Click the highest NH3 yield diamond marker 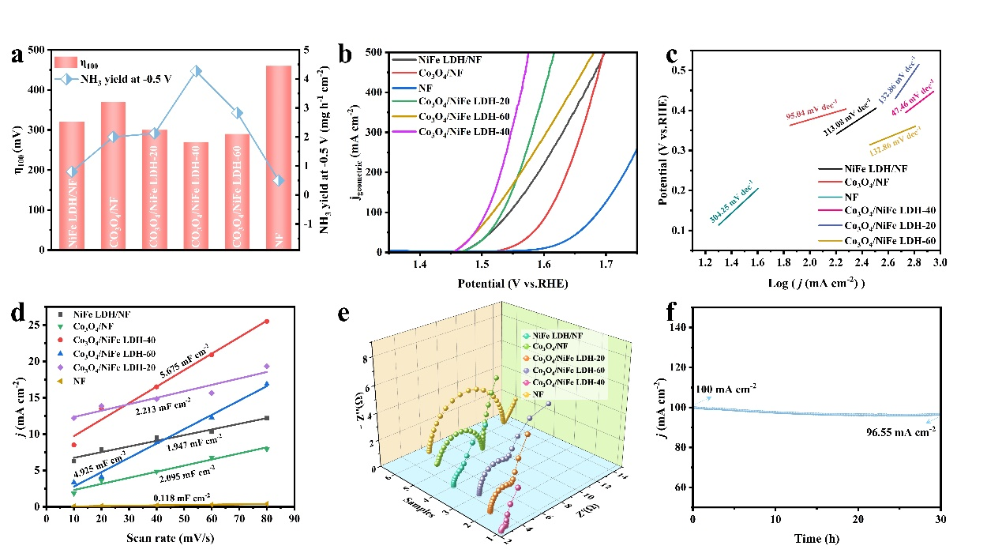coord(196,71)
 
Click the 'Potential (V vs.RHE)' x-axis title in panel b coord(512,283)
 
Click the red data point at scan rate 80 coord(267,322)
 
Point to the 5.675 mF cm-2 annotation coord(186,349)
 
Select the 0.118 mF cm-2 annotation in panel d coord(183,498)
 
